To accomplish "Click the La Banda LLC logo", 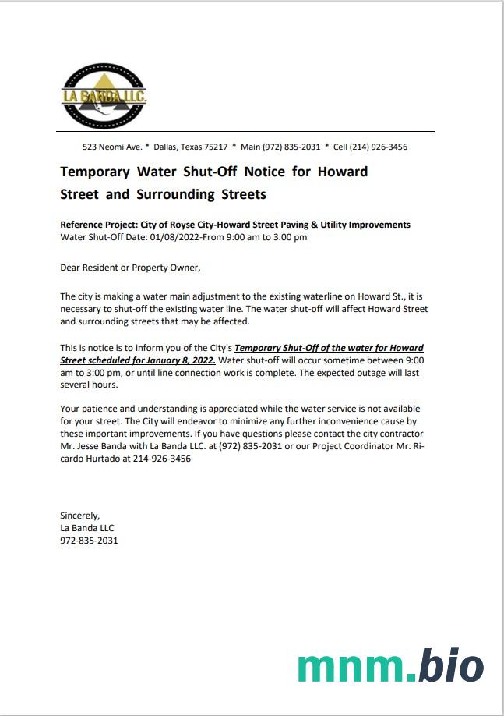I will pos(104,96).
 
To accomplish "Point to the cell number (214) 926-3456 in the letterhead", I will pos(378,147).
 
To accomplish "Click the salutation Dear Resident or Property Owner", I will pos(130,268).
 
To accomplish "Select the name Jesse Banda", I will pos(102,447).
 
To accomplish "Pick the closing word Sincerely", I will pos(80,515).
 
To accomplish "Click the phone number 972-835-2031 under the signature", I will pos(89,540).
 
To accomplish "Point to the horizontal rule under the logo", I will pos(247,131).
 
